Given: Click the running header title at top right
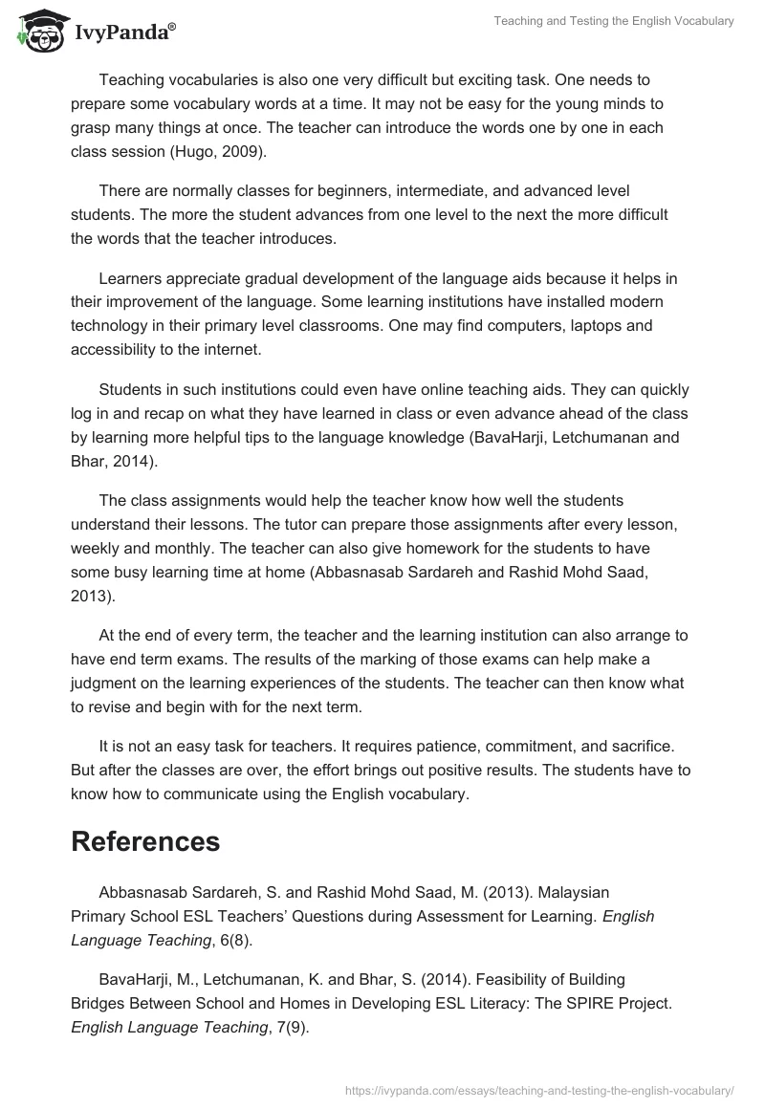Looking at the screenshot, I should (614, 21).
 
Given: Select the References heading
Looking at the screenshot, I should (145, 841).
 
